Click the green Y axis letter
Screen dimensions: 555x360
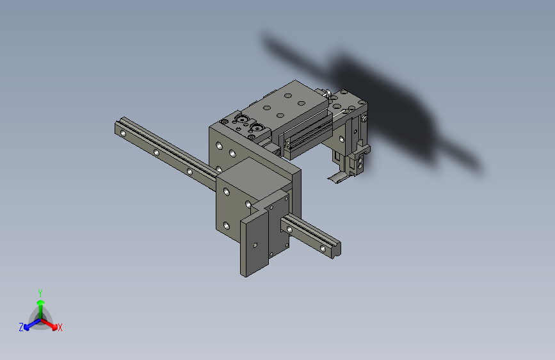tap(40, 293)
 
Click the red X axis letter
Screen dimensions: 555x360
tap(60, 328)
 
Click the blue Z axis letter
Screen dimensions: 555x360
tap(21, 327)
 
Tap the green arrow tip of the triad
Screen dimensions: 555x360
tap(41, 302)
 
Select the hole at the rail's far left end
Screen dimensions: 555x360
tap(123, 134)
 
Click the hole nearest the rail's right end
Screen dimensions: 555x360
tap(323, 249)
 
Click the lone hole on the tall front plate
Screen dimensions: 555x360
tap(255, 245)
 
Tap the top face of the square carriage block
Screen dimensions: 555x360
tap(254, 175)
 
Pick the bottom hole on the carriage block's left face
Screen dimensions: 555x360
tap(227, 225)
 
